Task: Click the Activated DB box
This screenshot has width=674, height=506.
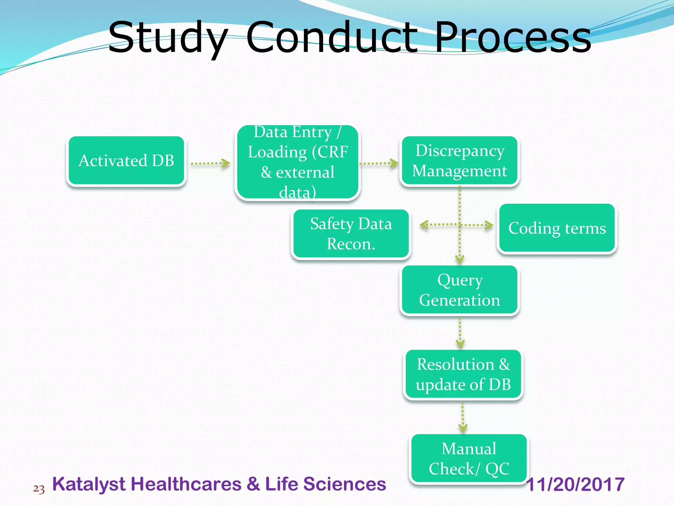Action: [x=126, y=161]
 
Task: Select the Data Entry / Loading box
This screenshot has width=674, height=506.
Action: [x=298, y=162]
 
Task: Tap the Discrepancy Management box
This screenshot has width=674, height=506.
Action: [x=459, y=161]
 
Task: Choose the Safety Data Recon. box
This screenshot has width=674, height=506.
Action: [x=351, y=234]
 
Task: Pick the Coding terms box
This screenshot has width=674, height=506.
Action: [x=557, y=228]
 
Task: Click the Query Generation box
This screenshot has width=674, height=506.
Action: [x=459, y=290]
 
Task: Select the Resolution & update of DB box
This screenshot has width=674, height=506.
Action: [x=463, y=374]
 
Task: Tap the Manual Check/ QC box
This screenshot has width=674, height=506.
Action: [x=469, y=459]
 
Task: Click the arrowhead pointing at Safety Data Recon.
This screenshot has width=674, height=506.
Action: [x=424, y=225]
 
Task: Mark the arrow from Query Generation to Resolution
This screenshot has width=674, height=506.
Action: [x=460, y=333]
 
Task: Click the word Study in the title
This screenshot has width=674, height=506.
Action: [x=168, y=38]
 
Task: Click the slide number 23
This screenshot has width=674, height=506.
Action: [x=39, y=489]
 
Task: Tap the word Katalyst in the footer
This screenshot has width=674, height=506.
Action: [x=89, y=484]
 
